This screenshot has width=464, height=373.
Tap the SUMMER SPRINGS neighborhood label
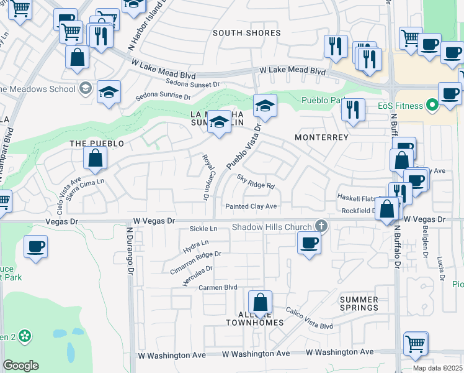coord(359,303)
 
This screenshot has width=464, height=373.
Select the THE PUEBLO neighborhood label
coord(97,144)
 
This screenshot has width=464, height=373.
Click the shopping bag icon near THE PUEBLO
coord(95,160)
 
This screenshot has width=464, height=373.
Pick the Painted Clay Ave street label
coord(251,206)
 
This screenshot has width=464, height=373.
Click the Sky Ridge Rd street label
coord(256,182)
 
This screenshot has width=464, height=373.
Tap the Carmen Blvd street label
coord(218,287)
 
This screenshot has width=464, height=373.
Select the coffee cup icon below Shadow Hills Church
coord(309,243)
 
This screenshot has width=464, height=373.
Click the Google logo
coord(20,365)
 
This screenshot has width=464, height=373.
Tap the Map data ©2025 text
coord(438,368)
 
